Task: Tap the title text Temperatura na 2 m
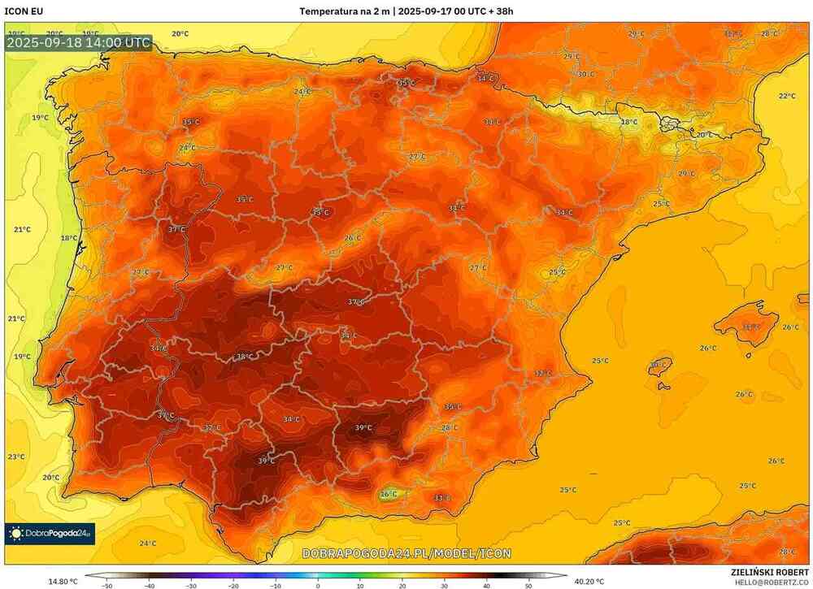pyautogui.click(x=344, y=11)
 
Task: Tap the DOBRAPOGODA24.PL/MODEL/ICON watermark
pyautogui.click(x=406, y=553)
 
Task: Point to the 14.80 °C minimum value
pyautogui.click(x=63, y=581)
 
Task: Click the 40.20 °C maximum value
pyautogui.click(x=589, y=581)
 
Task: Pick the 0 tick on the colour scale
pyautogui.click(x=318, y=584)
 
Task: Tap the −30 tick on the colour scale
pyautogui.click(x=191, y=584)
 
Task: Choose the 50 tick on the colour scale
pyautogui.click(x=528, y=584)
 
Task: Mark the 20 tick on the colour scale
pyautogui.click(x=402, y=584)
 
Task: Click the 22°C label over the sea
pyautogui.click(x=787, y=96)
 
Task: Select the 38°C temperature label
pyautogui.click(x=243, y=357)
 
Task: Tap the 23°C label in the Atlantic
pyautogui.click(x=16, y=457)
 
